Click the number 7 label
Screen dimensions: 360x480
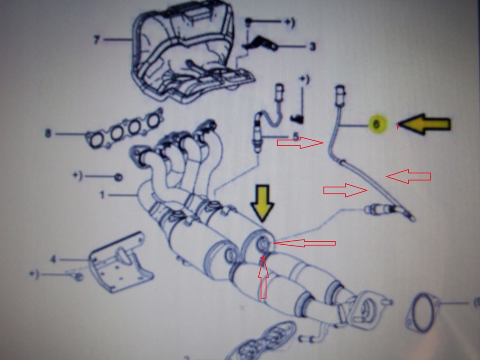pyautogui.click(x=97, y=40)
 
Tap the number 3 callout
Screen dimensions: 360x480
pyautogui.click(x=312, y=46)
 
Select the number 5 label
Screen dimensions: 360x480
pyautogui.click(x=295, y=136)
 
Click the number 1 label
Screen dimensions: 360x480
pyautogui.click(x=102, y=194)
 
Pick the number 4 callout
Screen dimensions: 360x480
pyautogui.click(x=53, y=259)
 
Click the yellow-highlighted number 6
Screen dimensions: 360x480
pyautogui.click(x=378, y=125)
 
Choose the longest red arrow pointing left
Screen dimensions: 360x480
pyautogui.click(x=305, y=243)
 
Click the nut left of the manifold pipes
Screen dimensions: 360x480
pyautogui.click(x=119, y=177)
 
